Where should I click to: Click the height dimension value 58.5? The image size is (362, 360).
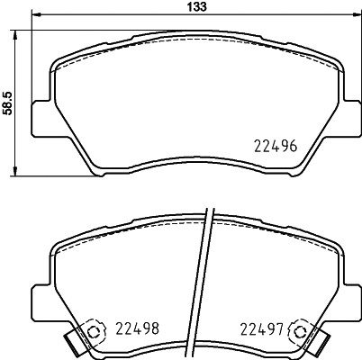(x=7, y=100)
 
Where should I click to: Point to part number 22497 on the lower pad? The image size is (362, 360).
(x=262, y=329)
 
